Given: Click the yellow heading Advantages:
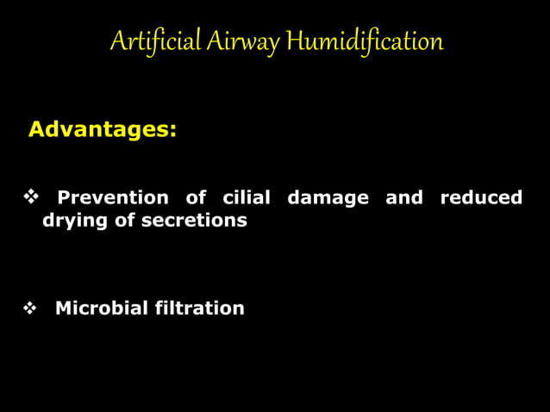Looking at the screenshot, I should [103, 130].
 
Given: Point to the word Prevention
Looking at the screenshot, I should [112, 197].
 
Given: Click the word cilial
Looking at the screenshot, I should [247, 197].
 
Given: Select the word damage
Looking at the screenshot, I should [328, 197].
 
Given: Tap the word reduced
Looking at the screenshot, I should [481, 197].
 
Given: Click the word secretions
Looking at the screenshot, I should [194, 221].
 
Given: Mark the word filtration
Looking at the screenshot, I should [199, 308].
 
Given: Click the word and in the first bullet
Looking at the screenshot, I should [404, 197].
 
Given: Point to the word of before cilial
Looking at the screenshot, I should [196, 197].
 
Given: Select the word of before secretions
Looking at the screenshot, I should [125, 221].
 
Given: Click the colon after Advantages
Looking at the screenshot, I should [173, 132].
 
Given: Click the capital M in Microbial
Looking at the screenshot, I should [63, 308].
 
